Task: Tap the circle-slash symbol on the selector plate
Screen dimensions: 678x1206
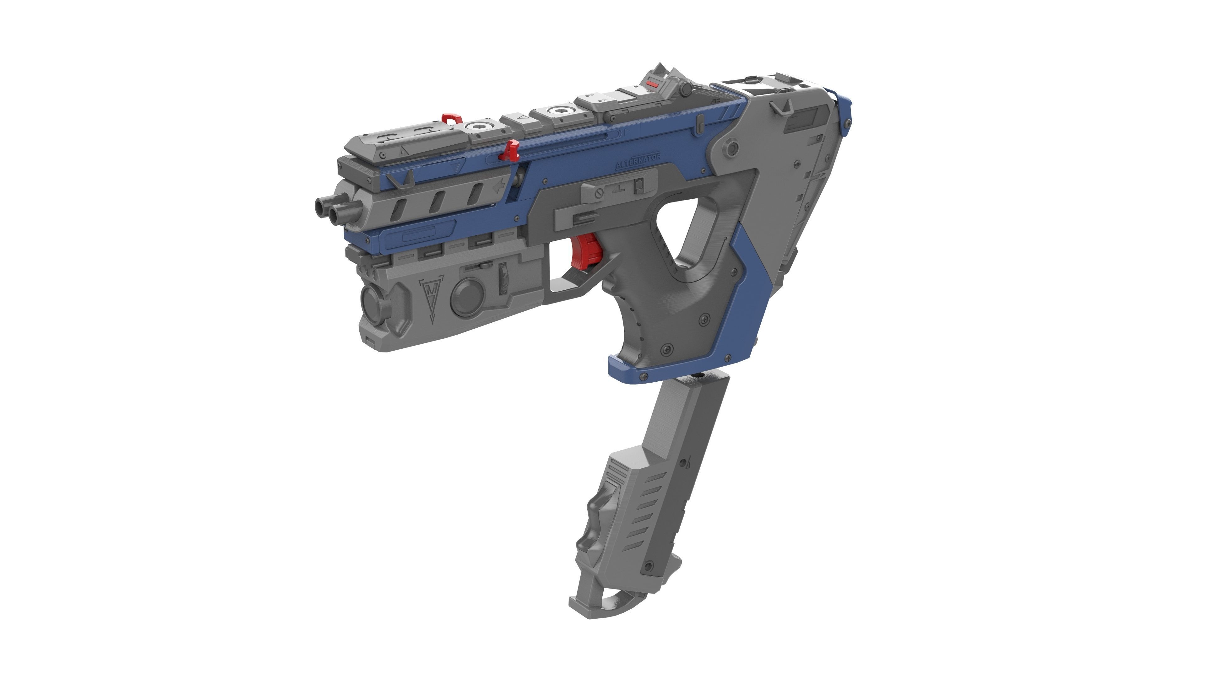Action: click(598, 193)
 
